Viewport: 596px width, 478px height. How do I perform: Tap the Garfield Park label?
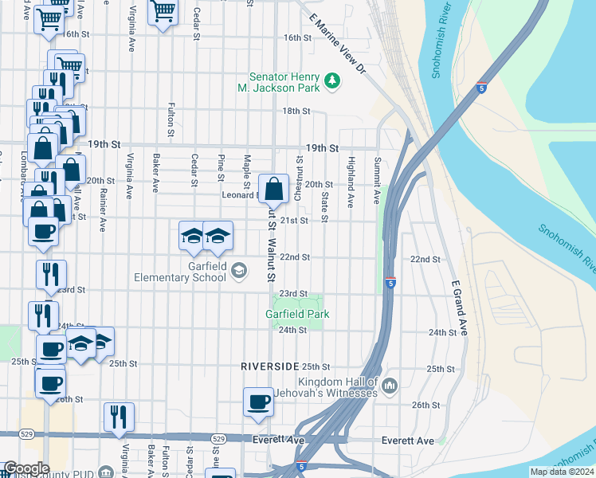pyautogui.click(x=297, y=314)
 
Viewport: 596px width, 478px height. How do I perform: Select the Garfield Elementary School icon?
pyautogui.click(x=238, y=272)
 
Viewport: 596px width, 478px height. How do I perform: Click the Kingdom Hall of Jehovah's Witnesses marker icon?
pyautogui.click(x=389, y=386)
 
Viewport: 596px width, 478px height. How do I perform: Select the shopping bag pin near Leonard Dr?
pyautogui.click(x=273, y=190)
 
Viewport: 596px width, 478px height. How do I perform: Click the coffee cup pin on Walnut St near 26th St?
pyautogui.click(x=258, y=402)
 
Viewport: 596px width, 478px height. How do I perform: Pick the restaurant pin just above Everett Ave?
pyautogui.click(x=119, y=417)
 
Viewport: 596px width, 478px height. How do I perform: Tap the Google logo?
pyautogui.click(x=26, y=468)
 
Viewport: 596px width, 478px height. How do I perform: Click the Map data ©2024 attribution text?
pyautogui.click(x=562, y=472)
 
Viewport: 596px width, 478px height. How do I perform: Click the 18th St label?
pyautogui.click(x=296, y=111)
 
